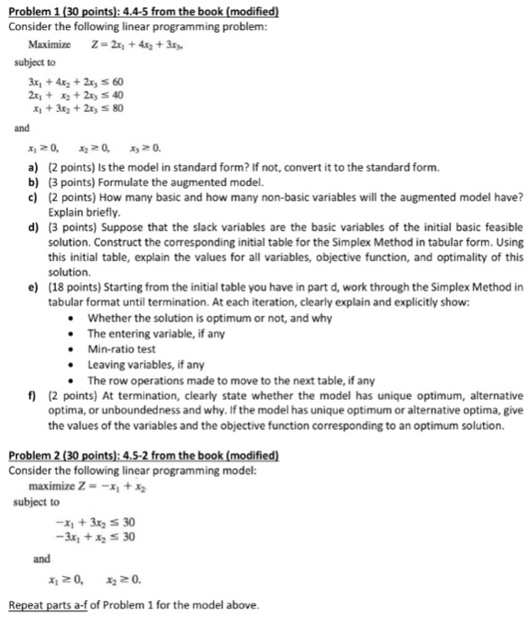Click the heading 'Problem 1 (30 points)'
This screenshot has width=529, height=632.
pyautogui.click(x=68, y=10)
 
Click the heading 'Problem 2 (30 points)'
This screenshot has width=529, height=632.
pyautogui.click(x=68, y=453)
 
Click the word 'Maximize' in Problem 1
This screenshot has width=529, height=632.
pyautogui.click(x=51, y=43)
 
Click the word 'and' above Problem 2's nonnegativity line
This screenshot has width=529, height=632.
pyautogui.click(x=42, y=559)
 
